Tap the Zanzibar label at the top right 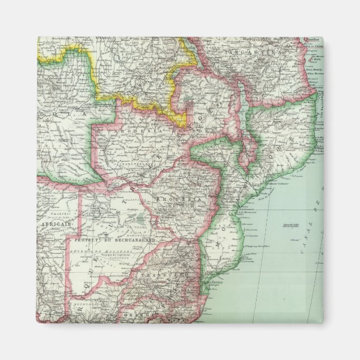coord(312,40)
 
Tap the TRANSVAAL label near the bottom coord(155,275)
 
